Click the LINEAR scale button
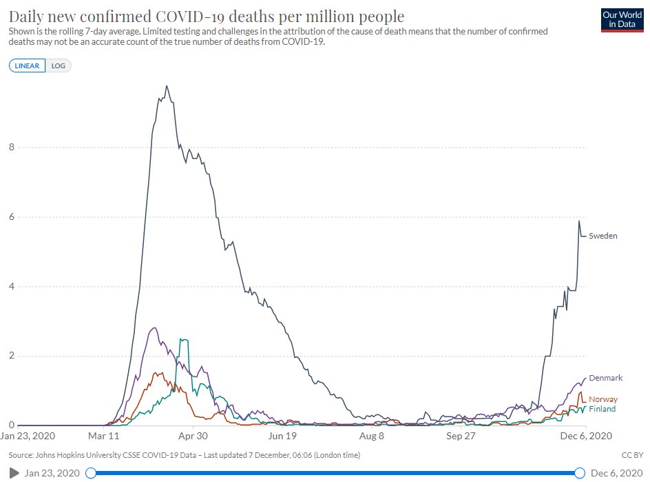point(27,66)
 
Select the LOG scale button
point(58,66)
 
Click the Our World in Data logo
point(622,20)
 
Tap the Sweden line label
point(602,236)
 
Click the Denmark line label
point(605,378)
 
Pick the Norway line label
point(602,399)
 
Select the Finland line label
point(602,409)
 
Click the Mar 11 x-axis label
point(104,436)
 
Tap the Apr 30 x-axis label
point(193,436)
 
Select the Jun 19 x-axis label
point(282,436)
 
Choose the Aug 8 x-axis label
point(372,436)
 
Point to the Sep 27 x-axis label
point(461,436)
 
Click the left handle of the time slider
point(90,472)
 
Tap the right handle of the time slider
point(580,472)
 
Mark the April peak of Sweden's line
point(166,86)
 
